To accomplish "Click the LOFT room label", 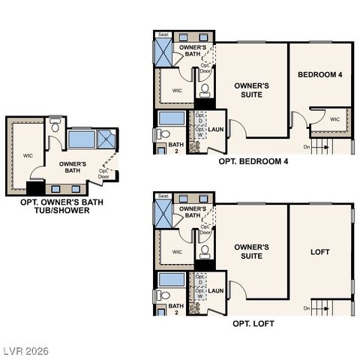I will point(320,252).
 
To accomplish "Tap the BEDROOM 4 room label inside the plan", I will point(320,74).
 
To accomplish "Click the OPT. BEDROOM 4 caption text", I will point(253,161).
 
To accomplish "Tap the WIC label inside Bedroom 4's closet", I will point(334,119).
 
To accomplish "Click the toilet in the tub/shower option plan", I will point(55,126).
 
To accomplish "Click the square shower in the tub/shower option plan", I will point(107,138).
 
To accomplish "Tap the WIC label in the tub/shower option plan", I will point(27,156).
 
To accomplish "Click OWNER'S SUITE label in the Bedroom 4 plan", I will point(252,90).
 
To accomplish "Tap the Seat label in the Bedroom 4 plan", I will point(162,34).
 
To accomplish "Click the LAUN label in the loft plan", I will point(216,291).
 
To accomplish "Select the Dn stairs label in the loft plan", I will point(307,308).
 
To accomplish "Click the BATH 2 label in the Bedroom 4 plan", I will point(175,147).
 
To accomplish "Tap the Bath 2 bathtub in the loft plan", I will point(172,280).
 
